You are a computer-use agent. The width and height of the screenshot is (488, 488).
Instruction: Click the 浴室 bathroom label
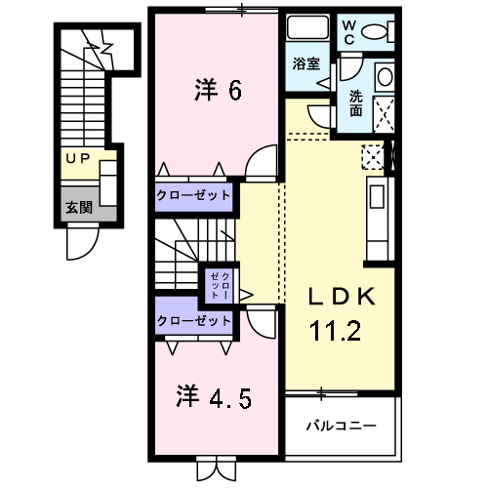306,64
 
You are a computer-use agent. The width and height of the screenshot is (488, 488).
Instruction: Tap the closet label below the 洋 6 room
195,195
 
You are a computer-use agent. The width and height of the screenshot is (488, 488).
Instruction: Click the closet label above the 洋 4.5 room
195,320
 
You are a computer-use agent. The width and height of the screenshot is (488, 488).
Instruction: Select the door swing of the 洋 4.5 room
261,321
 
